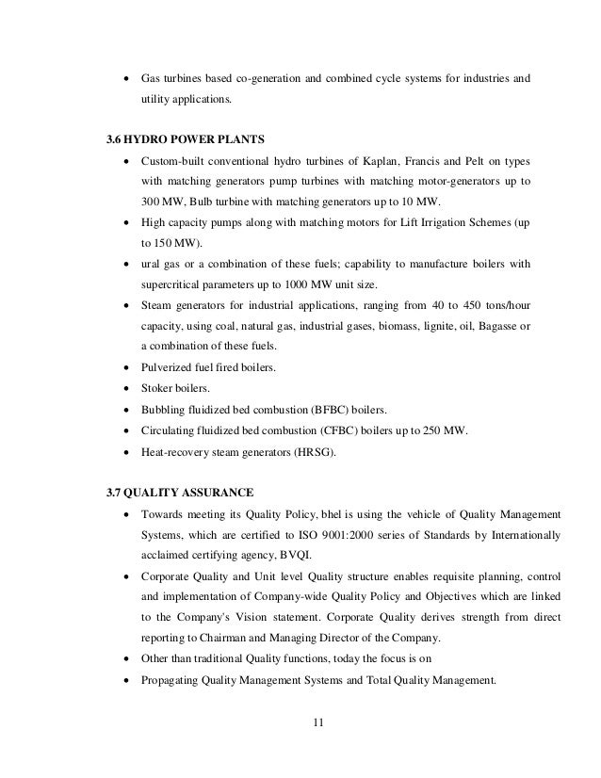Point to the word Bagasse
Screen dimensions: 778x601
495,326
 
